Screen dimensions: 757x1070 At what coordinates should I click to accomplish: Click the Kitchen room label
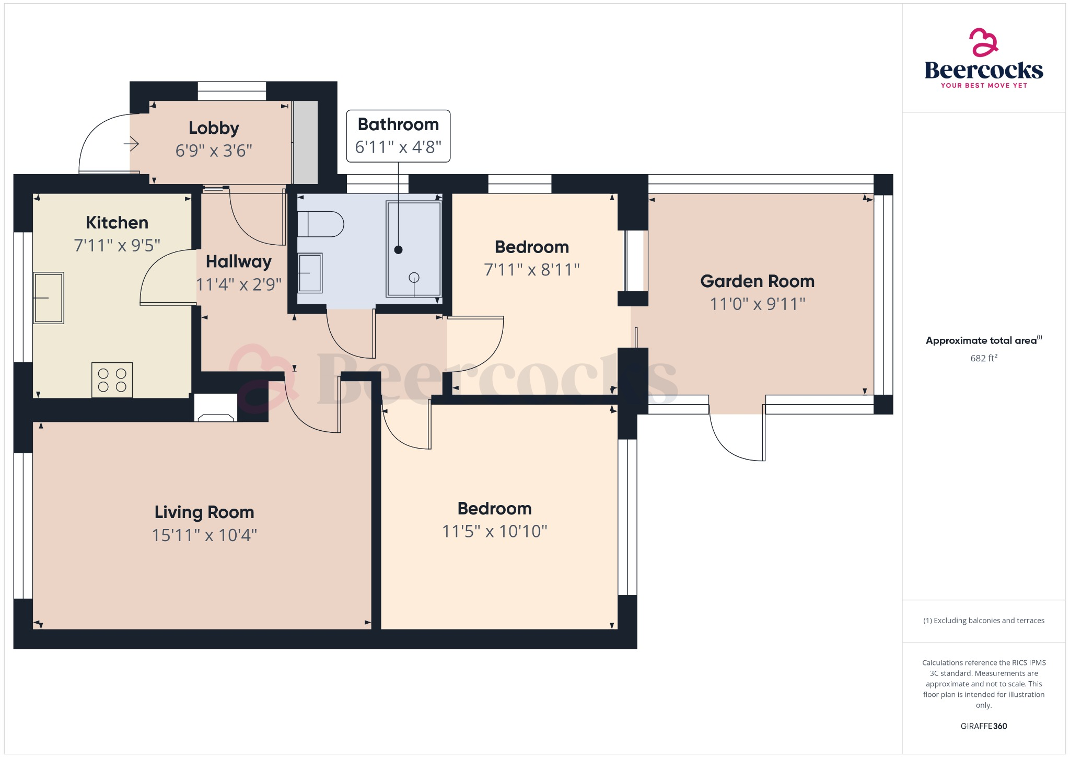(117, 223)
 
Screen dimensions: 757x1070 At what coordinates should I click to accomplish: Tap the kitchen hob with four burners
(112, 380)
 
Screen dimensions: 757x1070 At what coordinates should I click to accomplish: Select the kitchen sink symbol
(49, 298)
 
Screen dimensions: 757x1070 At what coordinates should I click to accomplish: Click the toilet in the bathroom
(320, 224)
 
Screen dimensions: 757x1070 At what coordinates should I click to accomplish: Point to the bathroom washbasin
(310, 273)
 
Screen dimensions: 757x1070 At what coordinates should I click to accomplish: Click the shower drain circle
(414, 278)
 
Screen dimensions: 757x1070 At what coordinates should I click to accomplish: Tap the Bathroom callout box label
(398, 125)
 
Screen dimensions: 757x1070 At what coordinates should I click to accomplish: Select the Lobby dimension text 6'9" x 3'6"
(214, 151)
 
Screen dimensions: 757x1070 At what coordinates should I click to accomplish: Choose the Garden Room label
(757, 281)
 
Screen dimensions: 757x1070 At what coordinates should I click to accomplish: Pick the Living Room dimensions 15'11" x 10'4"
(204, 535)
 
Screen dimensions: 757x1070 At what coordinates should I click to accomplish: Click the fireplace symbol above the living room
(216, 408)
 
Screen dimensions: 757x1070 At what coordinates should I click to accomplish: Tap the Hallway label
(238, 261)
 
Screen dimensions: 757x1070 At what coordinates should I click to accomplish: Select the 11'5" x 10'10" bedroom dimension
(494, 532)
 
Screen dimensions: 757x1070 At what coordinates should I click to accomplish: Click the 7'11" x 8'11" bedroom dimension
(531, 270)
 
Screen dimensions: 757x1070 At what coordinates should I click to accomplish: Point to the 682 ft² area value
(983, 359)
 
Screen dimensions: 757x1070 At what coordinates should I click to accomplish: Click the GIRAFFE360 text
(983, 726)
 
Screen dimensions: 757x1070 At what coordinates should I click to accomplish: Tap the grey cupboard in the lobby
(305, 142)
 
